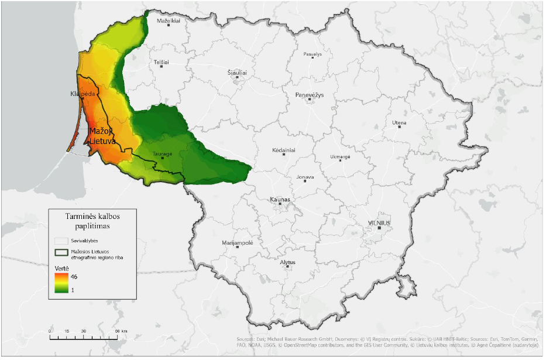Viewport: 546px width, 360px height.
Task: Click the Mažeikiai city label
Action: tap(169, 20)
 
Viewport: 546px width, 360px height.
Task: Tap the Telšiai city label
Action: tap(161, 61)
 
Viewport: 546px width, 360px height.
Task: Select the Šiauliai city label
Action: tap(237, 73)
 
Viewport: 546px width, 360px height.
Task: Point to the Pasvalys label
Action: tap(313, 54)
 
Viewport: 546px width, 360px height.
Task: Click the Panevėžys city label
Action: tap(309, 94)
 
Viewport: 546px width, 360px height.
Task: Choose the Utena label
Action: tap(399, 123)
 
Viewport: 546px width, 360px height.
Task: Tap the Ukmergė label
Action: tap(340, 156)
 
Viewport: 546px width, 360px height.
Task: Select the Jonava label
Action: tap(305, 177)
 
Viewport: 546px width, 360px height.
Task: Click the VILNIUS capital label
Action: tap(378, 222)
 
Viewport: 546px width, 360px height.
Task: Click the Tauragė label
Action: tap(162, 154)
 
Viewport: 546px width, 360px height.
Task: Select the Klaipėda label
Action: tap(83, 94)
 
